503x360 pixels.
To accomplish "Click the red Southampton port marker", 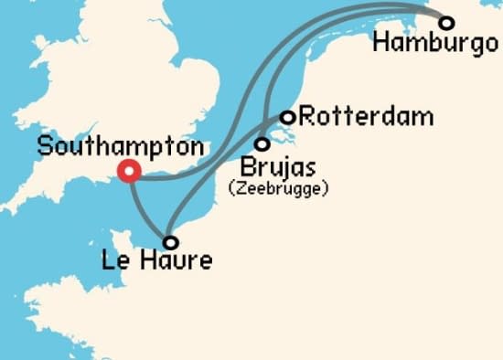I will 129,171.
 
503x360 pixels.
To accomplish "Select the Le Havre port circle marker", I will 170,242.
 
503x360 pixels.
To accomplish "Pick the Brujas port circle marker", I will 262,143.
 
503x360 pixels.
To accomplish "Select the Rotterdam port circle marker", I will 287,117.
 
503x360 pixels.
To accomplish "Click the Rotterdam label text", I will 366,117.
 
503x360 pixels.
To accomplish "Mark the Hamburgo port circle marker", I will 446,22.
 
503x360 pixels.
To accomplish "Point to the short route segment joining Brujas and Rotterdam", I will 275,129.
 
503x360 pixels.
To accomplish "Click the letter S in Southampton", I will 44,146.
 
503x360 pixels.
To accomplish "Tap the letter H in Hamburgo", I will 382,44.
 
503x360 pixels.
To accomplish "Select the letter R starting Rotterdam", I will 307,117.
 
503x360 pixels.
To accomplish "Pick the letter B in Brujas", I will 245,168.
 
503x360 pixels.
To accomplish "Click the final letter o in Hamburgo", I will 489,44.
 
